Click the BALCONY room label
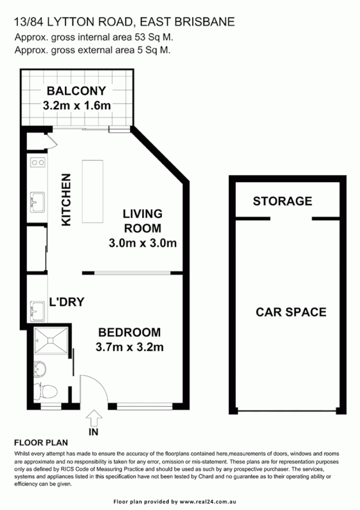pos(76,91)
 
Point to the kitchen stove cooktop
pos(37,163)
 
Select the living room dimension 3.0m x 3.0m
pos(142,243)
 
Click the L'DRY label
pos(66,302)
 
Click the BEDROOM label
pos(129,333)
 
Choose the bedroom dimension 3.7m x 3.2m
pos(129,348)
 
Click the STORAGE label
pos(282,201)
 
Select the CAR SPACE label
pos(291,312)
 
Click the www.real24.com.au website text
pos(213,501)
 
